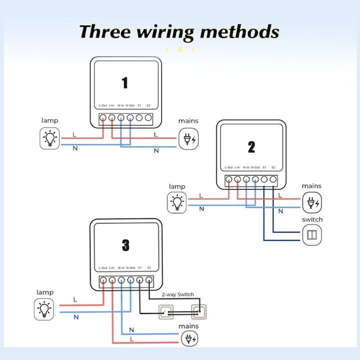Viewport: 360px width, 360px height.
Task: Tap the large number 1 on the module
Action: pyautogui.click(x=124, y=82)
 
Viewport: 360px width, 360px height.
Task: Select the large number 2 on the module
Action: pyautogui.click(x=251, y=147)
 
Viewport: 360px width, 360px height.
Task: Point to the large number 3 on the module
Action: pyautogui.click(x=125, y=245)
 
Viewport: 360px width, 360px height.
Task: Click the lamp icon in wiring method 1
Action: pyautogui.click(x=49, y=138)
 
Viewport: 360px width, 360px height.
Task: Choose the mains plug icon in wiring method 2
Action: pyautogui.click(x=312, y=203)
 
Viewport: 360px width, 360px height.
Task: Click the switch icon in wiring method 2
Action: pyautogui.click(x=312, y=234)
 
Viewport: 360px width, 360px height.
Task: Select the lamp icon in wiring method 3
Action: pyautogui.click(x=43, y=309)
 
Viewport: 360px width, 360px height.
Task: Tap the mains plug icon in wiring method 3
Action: pyautogui.click(x=189, y=339)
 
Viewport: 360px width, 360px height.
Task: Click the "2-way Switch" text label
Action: pyautogui.click(x=177, y=294)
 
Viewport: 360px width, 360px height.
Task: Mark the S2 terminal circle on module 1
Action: pyautogui.click(x=148, y=118)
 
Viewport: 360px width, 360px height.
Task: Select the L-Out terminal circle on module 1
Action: pyautogui.click(x=103, y=118)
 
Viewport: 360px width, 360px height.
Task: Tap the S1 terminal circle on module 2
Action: pyautogui.click(x=264, y=179)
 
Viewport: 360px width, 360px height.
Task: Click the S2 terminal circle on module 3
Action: pyautogui.click(x=148, y=280)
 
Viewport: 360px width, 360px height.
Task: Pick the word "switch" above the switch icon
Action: pyautogui.click(x=312, y=219)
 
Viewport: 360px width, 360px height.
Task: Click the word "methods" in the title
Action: pyautogui.click(x=239, y=31)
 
